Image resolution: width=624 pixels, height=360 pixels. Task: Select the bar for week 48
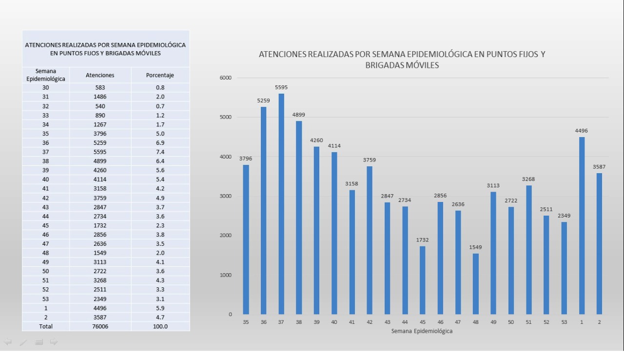tap(475, 284)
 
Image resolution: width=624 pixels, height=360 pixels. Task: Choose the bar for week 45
tap(422, 280)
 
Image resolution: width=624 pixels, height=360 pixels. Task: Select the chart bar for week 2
tap(599, 243)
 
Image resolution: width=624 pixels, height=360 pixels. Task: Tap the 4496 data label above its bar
tap(582, 131)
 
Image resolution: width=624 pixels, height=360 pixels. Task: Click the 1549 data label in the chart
tap(475, 247)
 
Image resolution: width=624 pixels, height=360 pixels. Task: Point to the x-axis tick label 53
tap(564, 322)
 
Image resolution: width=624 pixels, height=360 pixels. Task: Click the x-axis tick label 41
tap(352, 322)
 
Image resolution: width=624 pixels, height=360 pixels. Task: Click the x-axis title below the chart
tap(422, 331)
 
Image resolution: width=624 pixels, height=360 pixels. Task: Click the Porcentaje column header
tap(160, 75)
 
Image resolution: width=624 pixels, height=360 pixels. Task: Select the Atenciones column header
tap(100, 75)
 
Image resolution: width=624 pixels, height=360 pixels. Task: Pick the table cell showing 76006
tap(100, 326)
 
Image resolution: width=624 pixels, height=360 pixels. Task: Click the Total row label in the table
tap(45, 326)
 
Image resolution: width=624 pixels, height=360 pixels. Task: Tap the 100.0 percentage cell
tap(160, 326)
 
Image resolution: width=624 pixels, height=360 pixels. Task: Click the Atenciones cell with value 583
tap(100, 88)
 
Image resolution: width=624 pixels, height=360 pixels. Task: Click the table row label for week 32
tap(45, 106)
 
